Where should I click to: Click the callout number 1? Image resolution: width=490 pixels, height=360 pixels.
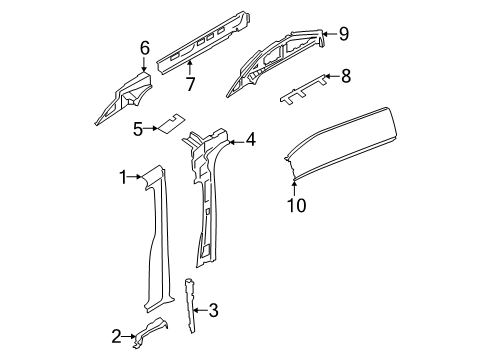pos(122,177)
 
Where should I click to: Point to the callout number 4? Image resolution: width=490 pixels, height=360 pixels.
pos(251,141)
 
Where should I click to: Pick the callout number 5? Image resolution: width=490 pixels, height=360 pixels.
pos(139,127)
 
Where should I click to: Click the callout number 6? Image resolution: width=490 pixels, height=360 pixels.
pos(144,46)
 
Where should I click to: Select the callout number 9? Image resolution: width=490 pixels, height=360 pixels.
pos(343,34)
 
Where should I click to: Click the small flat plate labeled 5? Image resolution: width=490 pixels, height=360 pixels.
pos(169,123)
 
